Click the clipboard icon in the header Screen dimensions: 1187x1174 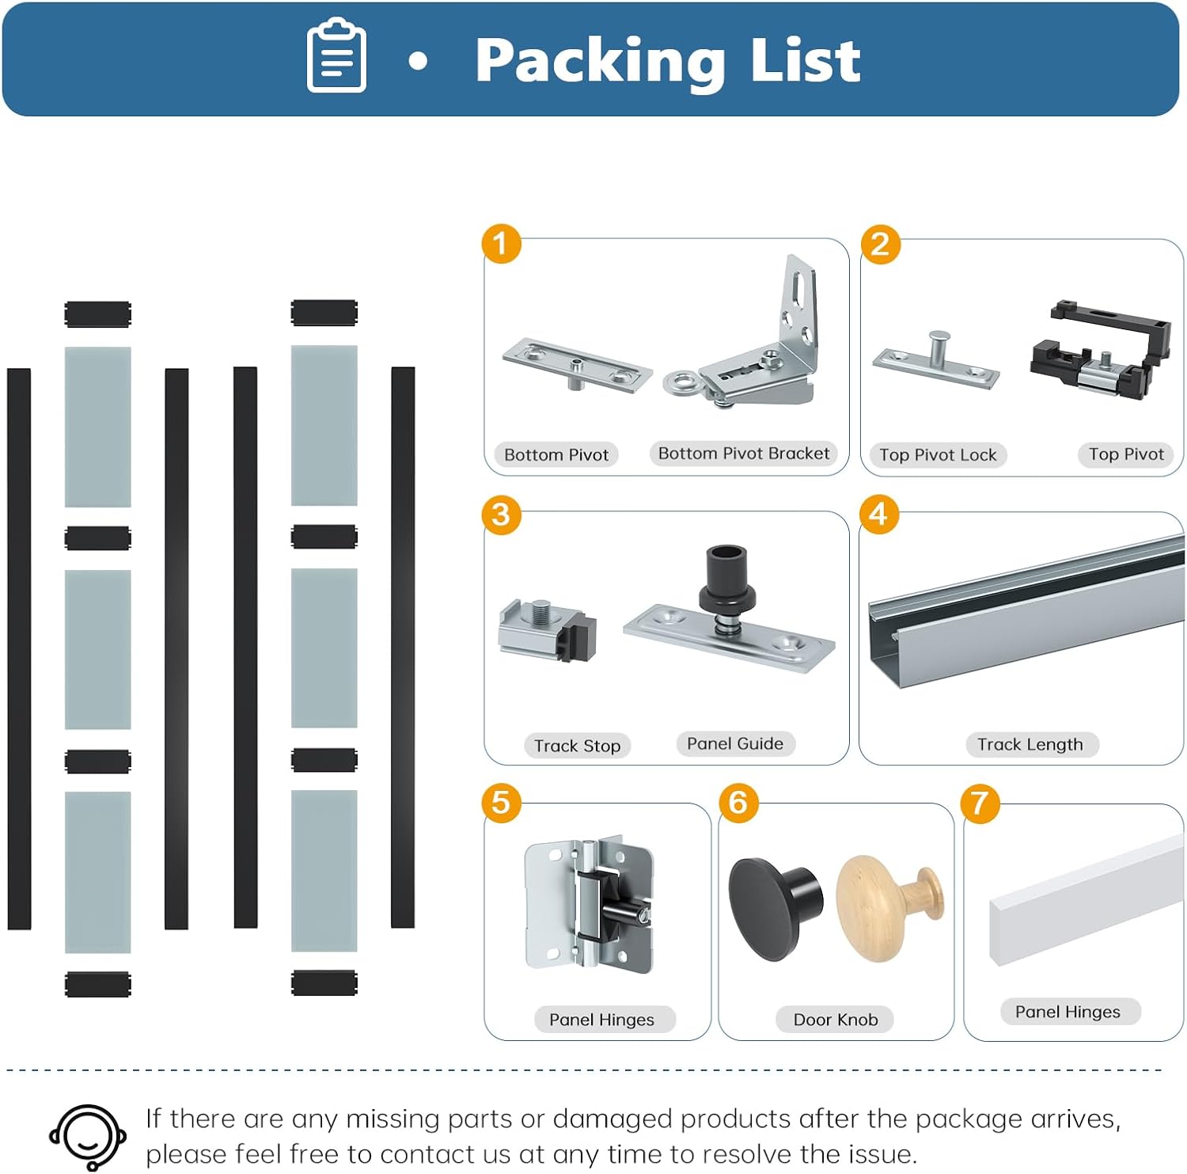click(x=336, y=55)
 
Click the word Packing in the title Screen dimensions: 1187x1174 click(x=600, y=62)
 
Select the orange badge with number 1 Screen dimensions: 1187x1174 click(x=502, y=243)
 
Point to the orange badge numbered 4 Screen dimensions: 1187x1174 click(x=878, y=515)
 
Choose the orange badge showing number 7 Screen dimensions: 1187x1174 click(x=980, y=803)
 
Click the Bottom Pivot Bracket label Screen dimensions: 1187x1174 click(x=744, y=454)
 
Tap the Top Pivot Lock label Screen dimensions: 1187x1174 click(x=938, y=455)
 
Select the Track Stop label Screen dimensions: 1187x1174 click(x=577, y=746)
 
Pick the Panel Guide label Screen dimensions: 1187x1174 click(x=735, y=743)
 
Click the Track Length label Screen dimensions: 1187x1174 click(x=1030, y=744)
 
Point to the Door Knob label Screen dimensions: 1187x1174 click(x=836, y=1020)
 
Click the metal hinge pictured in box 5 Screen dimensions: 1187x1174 click(x=590, y=906)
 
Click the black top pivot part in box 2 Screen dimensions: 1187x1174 click(x=1100, y=348)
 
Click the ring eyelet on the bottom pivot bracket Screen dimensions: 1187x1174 click(x=680, y=383)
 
